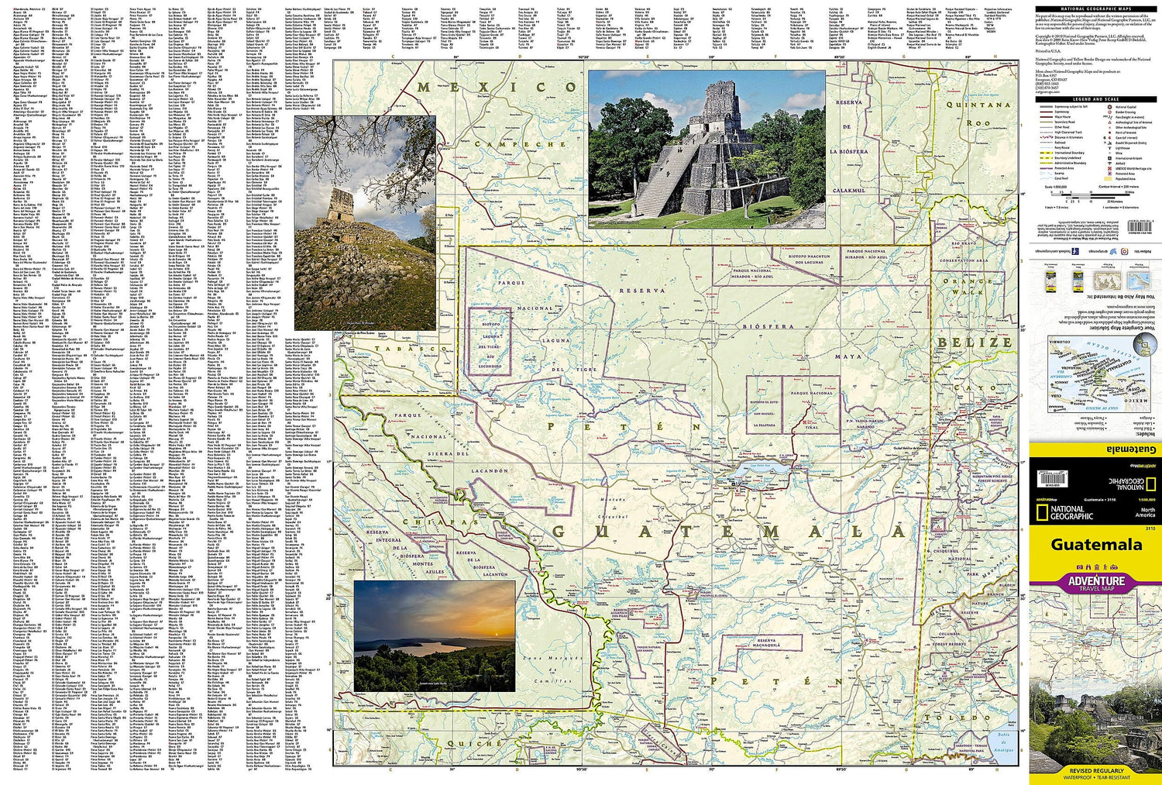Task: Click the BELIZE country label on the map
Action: [975, 342]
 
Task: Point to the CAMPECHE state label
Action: [520, 144]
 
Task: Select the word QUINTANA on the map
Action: [978, 104]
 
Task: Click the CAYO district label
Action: [979, 387]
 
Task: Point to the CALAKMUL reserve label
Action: [848, 190]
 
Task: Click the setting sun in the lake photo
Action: [473, 634]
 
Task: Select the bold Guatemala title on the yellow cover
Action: [1095, 545]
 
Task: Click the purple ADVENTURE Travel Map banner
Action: [1095, 582]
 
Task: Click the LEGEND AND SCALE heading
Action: [1095, 99]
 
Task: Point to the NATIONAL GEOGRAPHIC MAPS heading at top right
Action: [1095, 9]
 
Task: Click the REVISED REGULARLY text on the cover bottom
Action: [1095, 771]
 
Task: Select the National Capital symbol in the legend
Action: [1111, 107]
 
